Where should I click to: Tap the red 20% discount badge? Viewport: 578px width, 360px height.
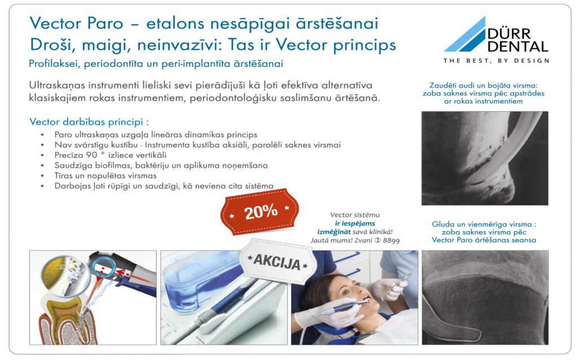(x=260, y=212)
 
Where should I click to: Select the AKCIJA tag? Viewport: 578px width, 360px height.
(x=277, y=261)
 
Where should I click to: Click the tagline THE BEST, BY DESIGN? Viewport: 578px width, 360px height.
(x=496, y=61)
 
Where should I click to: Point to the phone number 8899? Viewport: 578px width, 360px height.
(x=391, y=240)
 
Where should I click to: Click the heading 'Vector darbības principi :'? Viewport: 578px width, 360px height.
(x=89, y=121)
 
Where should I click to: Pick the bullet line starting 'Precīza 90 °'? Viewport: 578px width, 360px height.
(x=110, y=155)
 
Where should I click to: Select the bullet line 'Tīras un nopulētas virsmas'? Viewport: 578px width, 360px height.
(x=106, y=175)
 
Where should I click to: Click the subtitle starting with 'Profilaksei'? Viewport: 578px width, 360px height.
(x=156, y=64)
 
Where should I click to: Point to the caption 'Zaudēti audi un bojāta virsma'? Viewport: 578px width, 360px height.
(x=483, y=86)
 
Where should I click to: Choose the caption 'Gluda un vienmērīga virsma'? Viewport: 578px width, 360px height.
(x=484, y=224)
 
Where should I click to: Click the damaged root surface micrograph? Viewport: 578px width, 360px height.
(x=485, y=158)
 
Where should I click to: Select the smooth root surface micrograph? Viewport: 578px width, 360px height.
(x=485, y=297)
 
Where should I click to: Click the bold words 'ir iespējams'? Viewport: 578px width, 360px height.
(x=354, y=223)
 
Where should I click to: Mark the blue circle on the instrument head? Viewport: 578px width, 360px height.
(x=104, y=267)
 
